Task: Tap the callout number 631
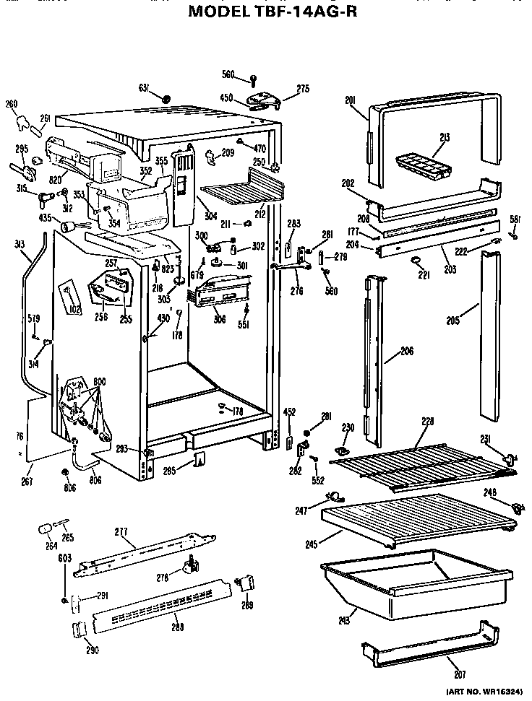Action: coord(144,88)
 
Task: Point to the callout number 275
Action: coord(303,89)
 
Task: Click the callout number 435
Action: coord(45,217)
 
